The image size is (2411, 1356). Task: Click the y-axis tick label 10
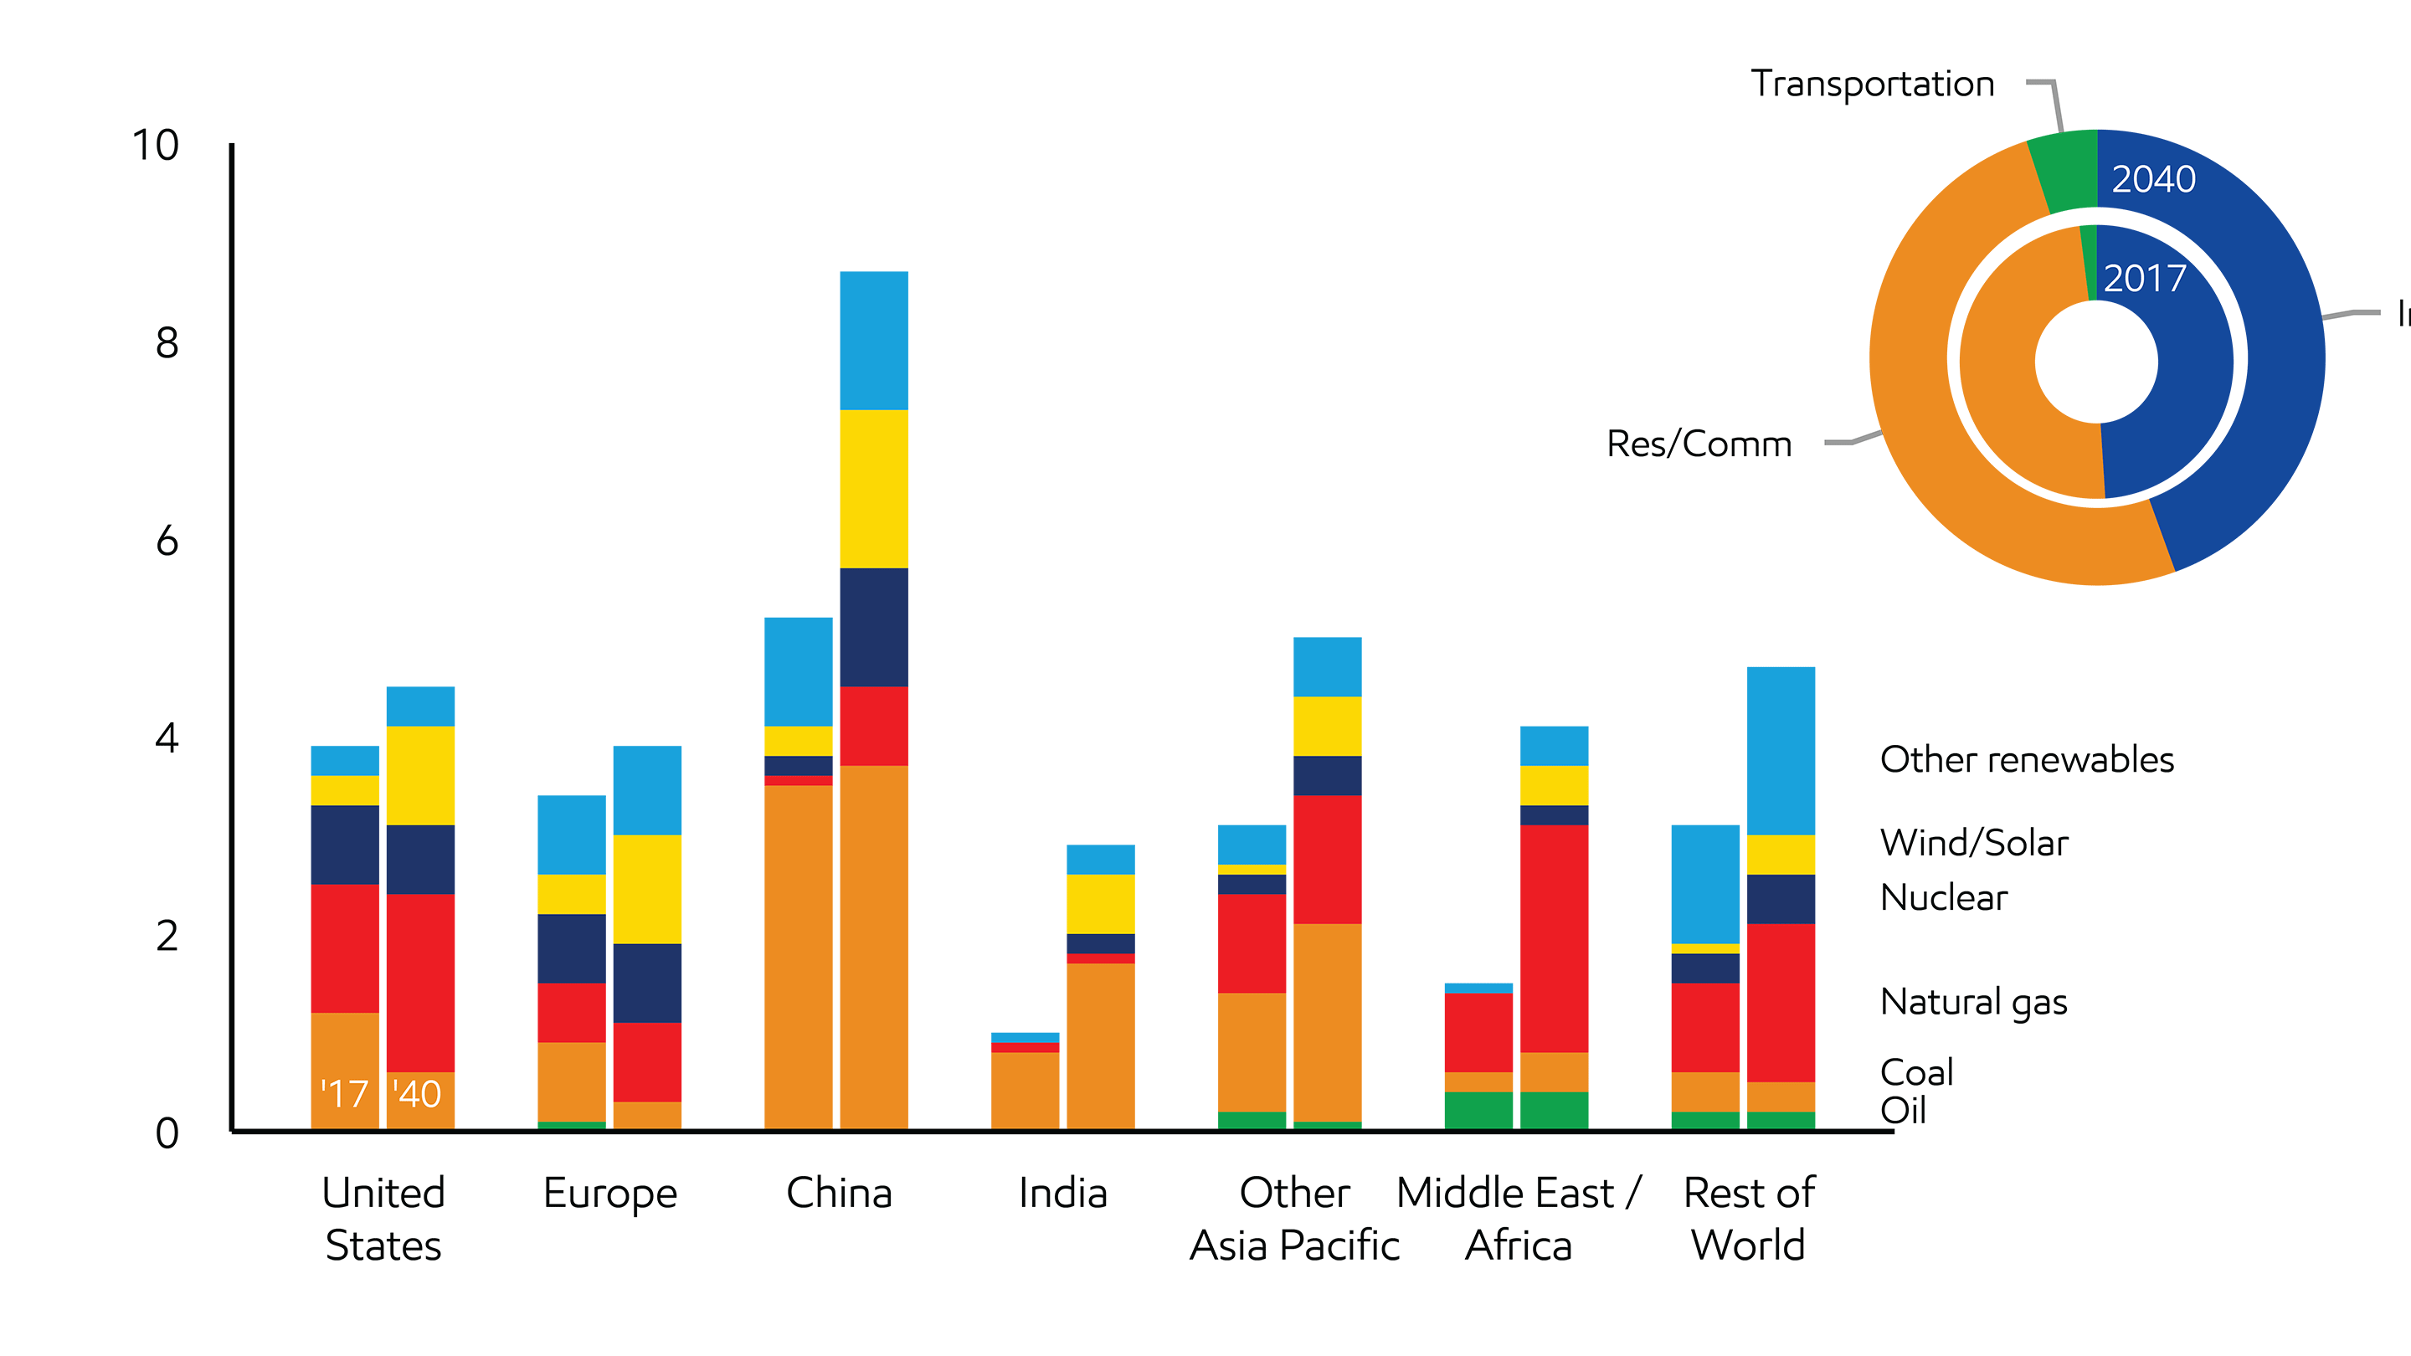(x=156, y=146)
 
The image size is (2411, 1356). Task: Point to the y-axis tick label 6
(x=167, y=541)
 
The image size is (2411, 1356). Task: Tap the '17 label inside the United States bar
(x=344, y=1094)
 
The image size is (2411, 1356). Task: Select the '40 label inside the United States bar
(x=418, y=1094)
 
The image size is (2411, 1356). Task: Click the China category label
(x=839, y=1193)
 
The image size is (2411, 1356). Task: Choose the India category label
(x=1062, y=1193)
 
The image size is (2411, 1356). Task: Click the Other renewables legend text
(x=2026, y=760)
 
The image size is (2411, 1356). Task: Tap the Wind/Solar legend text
(x=1974, y=843)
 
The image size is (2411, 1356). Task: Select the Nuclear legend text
(x=1943, y=897)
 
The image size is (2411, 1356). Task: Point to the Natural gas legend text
(x=1973, y=1001)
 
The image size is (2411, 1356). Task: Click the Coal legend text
(x=1917, y=1072)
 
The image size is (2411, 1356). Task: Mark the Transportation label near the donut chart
(x=1872, y=85)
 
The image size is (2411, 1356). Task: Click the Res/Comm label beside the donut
(x=1699, y=444)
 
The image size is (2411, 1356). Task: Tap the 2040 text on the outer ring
(x=2152, y=179)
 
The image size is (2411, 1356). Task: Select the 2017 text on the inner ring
(x=2144, y=278)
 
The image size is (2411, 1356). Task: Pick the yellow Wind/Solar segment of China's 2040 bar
(x=873, y=489)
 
